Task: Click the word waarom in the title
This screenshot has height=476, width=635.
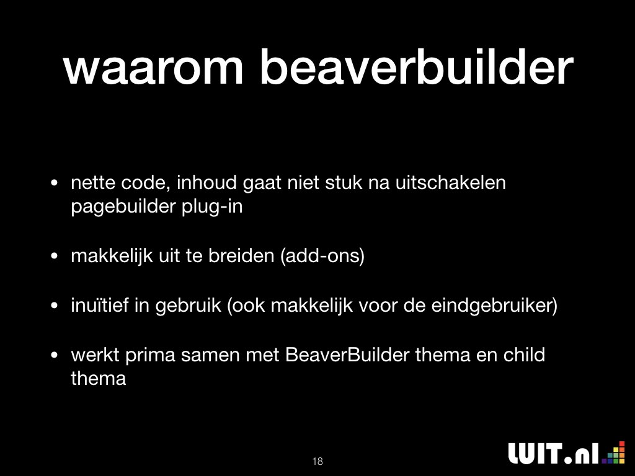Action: click(x=153, y=68)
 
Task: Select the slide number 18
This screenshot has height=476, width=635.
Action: click(x=317, y=461)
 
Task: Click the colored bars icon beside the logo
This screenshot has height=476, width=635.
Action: click(x=613, y=452)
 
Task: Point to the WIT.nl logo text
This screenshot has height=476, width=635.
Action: click(x=554, y=453)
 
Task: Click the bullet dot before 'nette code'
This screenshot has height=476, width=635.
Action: click(x=55, y=183)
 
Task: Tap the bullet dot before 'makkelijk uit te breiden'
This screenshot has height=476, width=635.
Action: click(x=55, y=256)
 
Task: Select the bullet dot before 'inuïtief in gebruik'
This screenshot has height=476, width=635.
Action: click(x=55, y=306)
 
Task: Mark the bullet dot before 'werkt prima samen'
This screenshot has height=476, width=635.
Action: click(x=55, y=355)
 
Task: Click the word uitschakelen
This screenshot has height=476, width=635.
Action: click(x=450, y=183)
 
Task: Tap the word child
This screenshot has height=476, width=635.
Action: click(x=524, y=355)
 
